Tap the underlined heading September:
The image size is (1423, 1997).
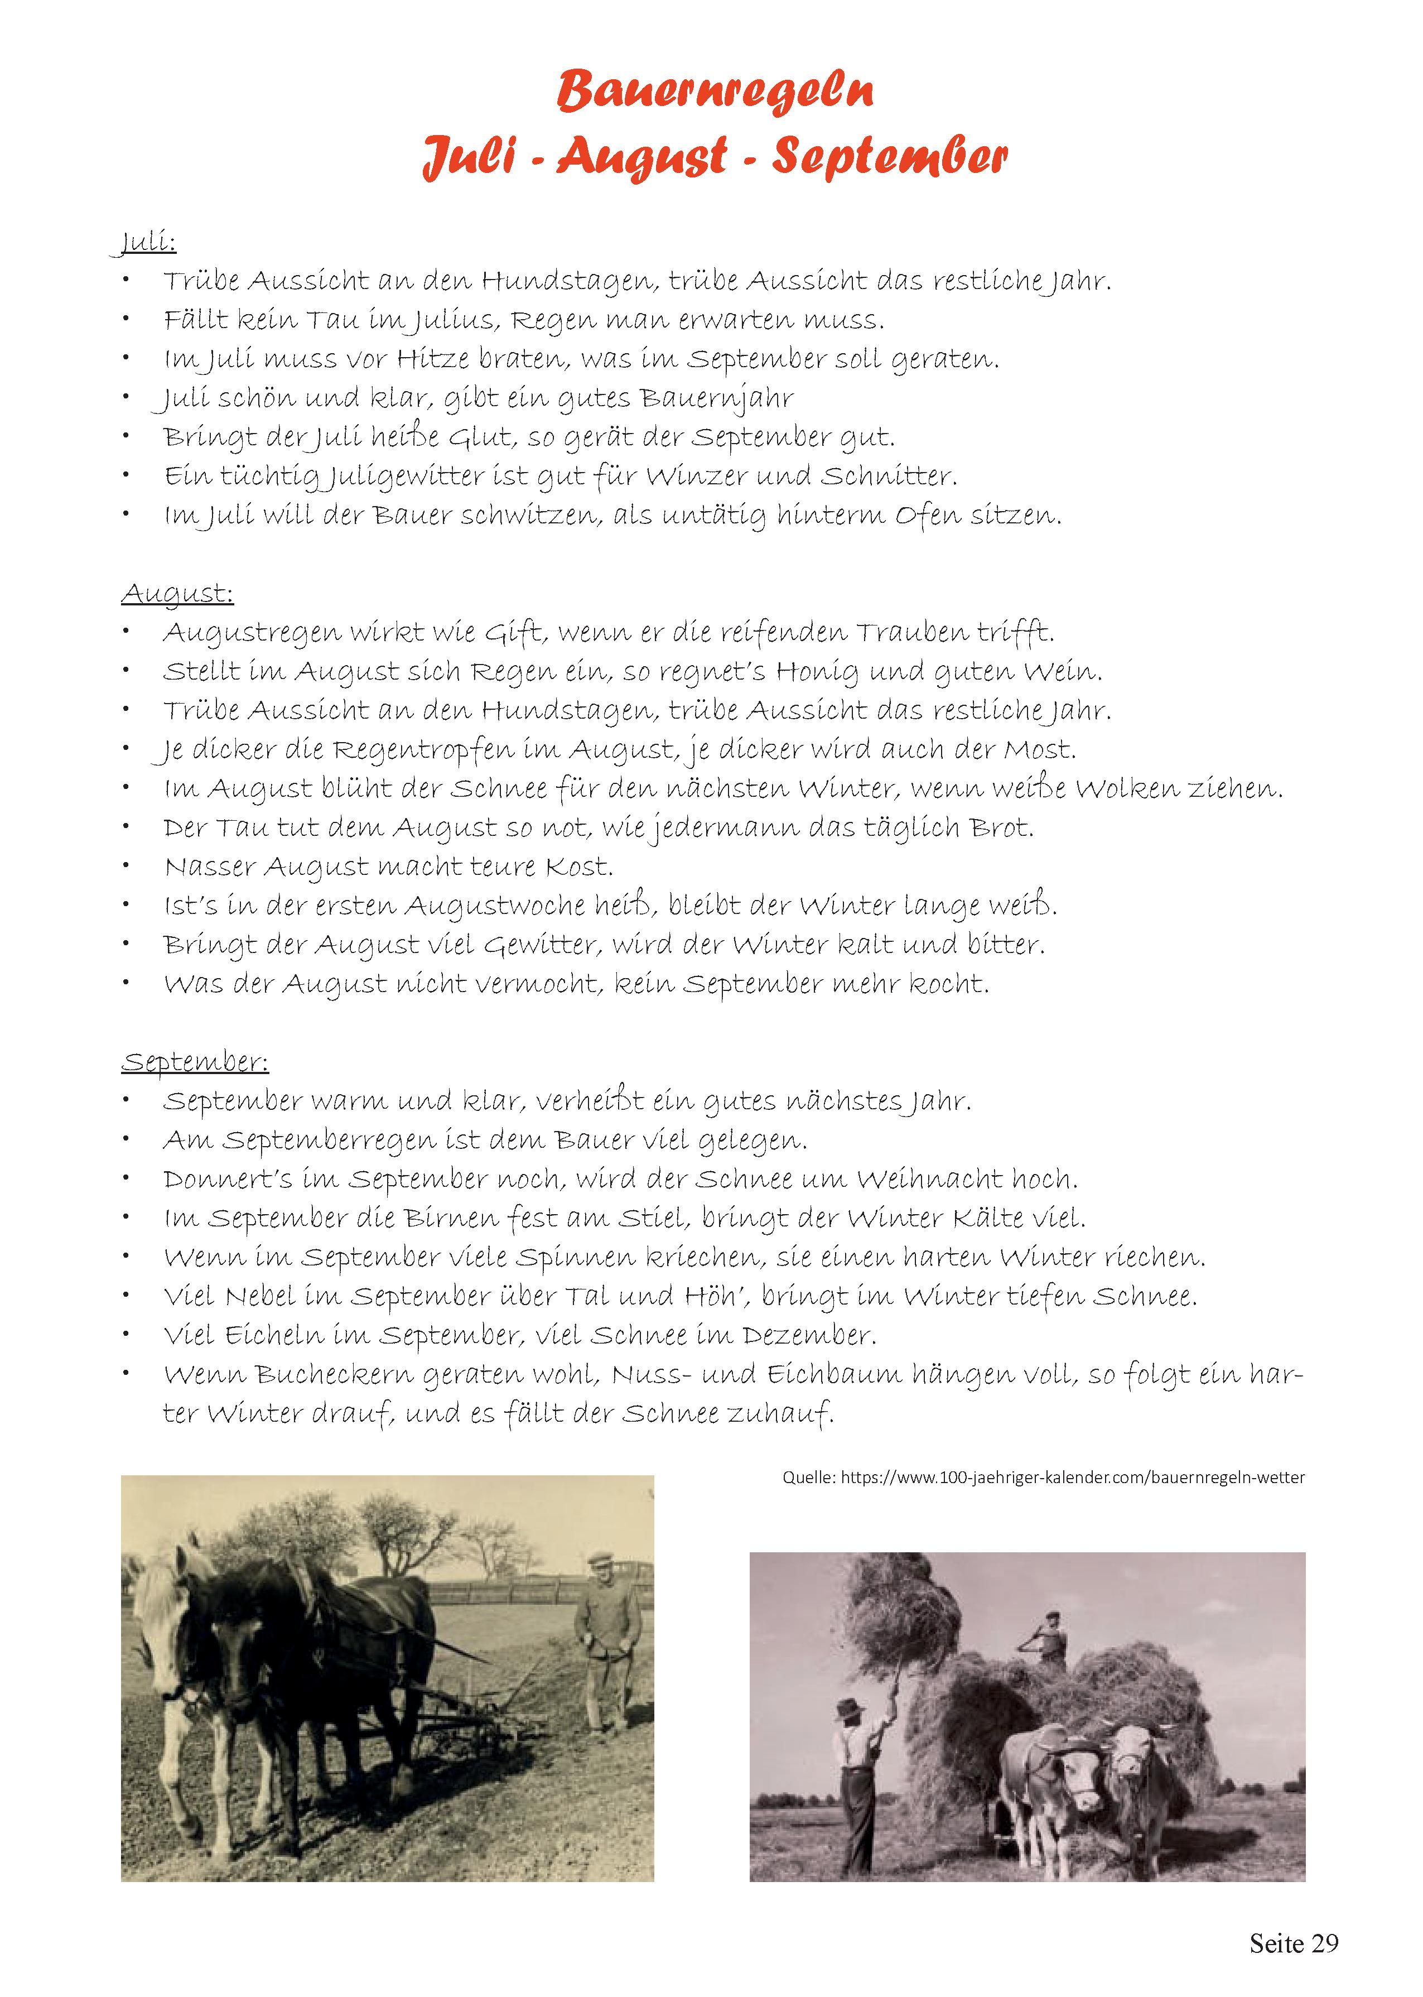(195, 1062)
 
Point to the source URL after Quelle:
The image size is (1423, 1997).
(1073, 1478)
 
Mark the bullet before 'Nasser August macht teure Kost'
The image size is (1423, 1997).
(127, 866)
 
